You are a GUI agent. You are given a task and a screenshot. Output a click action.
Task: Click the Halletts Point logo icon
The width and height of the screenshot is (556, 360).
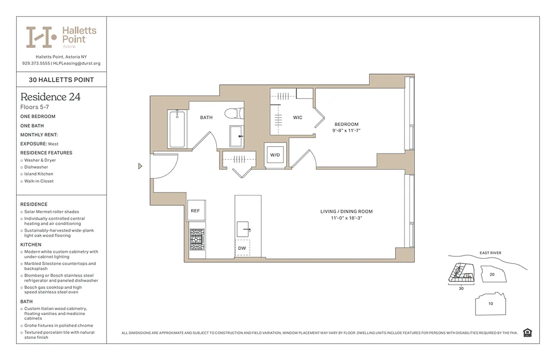pos(41,37)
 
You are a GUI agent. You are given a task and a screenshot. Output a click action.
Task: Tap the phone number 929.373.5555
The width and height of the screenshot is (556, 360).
pos(36,63)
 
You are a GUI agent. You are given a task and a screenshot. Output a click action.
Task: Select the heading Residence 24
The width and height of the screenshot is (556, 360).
pos(50,97)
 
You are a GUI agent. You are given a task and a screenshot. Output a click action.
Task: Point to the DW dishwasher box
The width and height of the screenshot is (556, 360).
pos(242,248)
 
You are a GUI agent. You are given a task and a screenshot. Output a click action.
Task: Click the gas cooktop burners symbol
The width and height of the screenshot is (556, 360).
pos(197,239)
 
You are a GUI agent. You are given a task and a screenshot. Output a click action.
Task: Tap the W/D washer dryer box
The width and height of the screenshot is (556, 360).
pos(275,155)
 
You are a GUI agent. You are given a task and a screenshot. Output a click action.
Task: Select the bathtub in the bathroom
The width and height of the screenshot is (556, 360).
pos(176,129)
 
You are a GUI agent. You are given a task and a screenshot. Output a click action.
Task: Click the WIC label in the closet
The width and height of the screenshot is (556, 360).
pos(297,117)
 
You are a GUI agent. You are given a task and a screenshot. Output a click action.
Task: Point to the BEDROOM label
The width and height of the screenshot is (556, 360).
pos(346,124)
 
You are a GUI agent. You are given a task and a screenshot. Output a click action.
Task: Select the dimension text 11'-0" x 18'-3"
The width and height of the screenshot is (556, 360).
pos(346,218)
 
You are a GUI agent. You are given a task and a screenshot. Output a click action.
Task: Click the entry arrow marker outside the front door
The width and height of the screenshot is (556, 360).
pos(140,166)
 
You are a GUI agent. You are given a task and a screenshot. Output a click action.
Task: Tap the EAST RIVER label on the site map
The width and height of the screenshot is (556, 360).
pos(490,253)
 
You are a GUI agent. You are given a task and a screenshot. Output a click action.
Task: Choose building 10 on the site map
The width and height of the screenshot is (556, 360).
pos(490,303)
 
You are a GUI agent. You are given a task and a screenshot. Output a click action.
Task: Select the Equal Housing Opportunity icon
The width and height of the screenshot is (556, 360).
pos(527,333)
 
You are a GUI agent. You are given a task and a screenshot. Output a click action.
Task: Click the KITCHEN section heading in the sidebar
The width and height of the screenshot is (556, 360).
pos(31,244)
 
